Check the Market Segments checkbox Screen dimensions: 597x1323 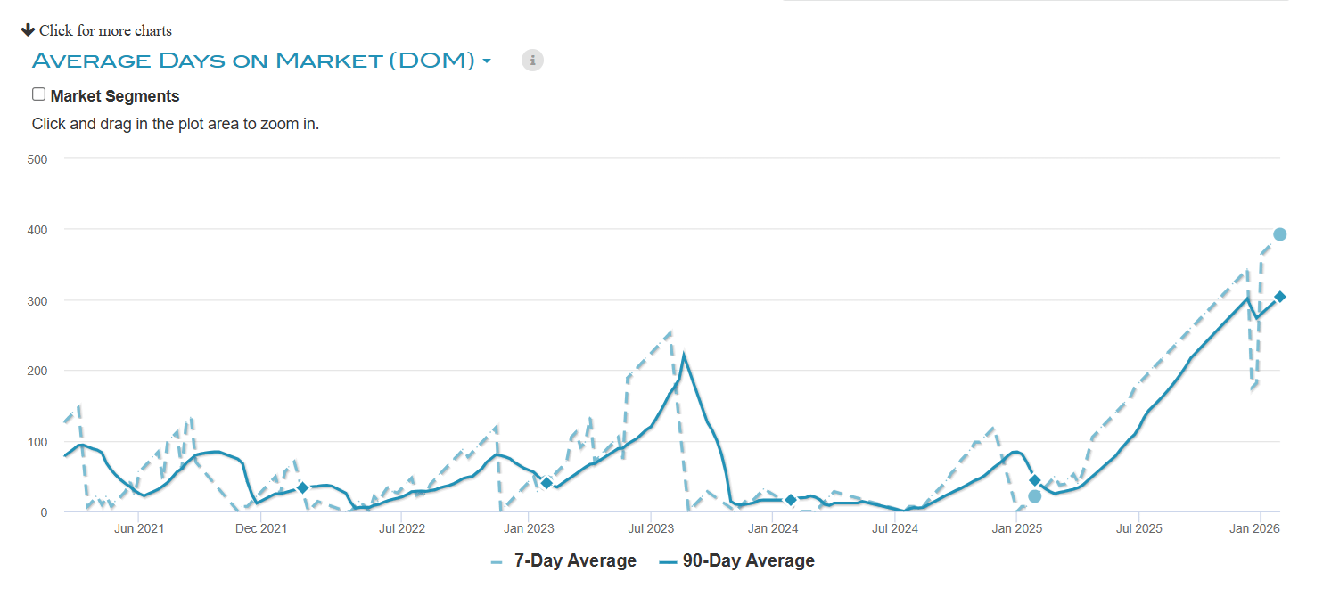[x=38, y=94]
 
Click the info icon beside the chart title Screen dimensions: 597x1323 [x=532, y=61]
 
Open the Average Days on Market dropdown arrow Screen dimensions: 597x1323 [x=487, y=61]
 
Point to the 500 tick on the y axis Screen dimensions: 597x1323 [x=37, y=159]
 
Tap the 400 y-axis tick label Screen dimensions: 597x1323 [x=37, y=230]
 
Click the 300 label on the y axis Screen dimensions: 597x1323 [x=37, y=300]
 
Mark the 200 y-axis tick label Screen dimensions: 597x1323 [x=37, y=371]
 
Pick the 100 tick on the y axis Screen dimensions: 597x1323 [x=37, y=442]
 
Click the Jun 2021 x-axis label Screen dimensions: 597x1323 [x=139, y=528]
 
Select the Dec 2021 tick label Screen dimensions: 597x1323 [x=261, y=528]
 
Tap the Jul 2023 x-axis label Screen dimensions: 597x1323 [x=650, y=528]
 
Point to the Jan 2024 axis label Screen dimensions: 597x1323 [x=772, y=528]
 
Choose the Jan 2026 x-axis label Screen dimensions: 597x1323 [x=1254, y=528]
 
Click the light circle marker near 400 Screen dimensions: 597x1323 [x=1279, y=234]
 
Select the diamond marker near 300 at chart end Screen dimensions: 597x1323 [x=1279, y=297]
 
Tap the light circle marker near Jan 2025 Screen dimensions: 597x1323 [x=1034, y=496]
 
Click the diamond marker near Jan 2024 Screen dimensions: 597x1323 [x=791, y=500]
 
